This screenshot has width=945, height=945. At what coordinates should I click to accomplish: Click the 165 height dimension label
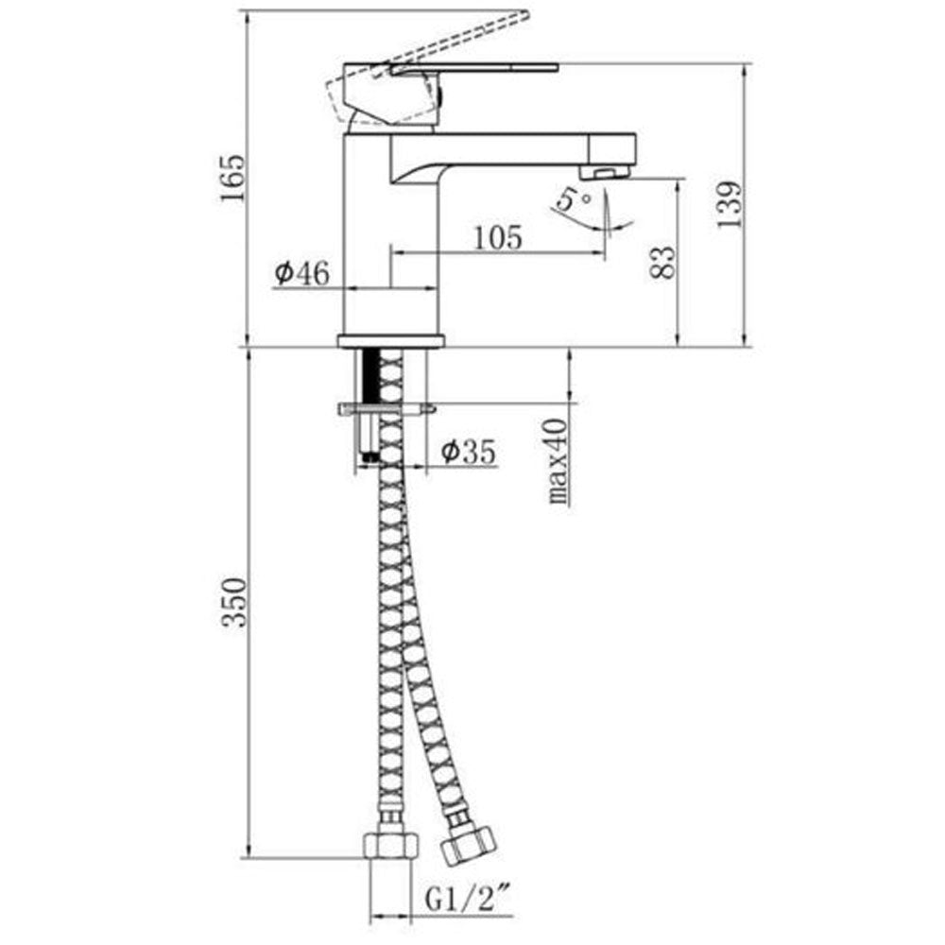232,179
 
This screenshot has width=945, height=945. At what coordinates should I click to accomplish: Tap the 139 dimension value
730,204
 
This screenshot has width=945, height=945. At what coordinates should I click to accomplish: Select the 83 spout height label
663,262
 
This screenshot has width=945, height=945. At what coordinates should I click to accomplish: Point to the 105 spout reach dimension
498,238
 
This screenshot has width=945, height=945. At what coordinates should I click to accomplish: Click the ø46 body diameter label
302,274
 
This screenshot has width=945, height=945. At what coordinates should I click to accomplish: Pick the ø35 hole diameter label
469,451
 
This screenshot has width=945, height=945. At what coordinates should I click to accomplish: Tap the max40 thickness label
558,462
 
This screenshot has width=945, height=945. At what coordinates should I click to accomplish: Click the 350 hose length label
233,603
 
